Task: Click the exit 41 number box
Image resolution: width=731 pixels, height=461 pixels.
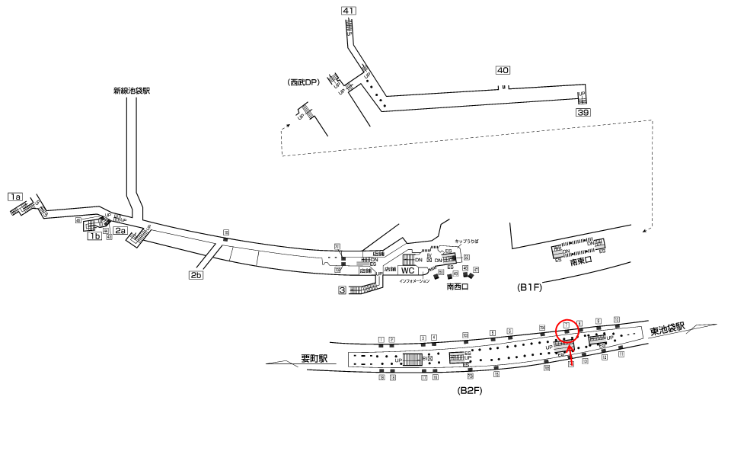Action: click(349, 11)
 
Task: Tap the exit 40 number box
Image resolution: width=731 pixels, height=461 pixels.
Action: click(502, 70)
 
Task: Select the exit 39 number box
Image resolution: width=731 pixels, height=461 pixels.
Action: click(583, 112)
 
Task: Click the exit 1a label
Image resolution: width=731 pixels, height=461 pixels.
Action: click(15, 197)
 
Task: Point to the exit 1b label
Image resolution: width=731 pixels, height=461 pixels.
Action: click(94, 236)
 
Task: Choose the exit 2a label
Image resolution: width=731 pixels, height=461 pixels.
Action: click(120, 230)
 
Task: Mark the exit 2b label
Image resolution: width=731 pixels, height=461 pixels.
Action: click(196, 275)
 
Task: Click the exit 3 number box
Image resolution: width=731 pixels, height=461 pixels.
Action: click(343, 290)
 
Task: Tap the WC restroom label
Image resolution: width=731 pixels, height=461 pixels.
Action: click(408, 271)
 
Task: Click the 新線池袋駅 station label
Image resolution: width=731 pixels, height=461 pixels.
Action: click(131, 91)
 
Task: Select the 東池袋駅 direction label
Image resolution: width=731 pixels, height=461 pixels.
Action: click(668, 328)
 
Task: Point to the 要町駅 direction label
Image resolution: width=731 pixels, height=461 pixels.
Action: click(313, 358)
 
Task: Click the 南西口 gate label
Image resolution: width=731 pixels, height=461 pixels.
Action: click(457, 287)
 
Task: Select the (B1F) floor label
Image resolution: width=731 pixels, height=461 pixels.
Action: click(530, 287)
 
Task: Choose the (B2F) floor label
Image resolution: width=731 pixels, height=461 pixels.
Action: click(470, 390)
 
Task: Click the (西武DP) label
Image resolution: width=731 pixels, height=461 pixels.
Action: click(304, 82)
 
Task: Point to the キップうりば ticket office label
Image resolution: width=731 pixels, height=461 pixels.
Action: click(466, 241)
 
